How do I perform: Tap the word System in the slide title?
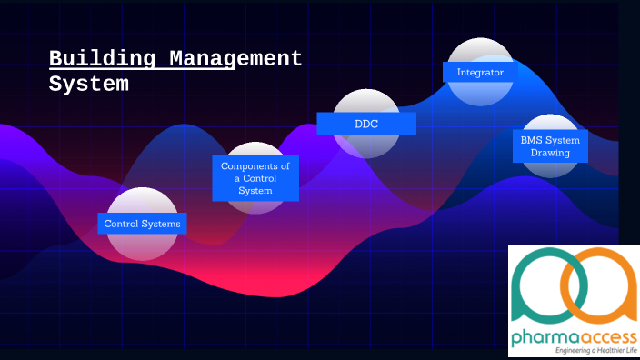click(88, 85)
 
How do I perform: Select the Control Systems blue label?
click(142, 224)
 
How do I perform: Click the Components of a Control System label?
click(255, 178)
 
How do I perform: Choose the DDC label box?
click(366, 123)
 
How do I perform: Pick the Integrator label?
click(480, 72)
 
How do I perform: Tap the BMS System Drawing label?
click(551, 146)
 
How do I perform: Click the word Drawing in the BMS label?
click(551, 153)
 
